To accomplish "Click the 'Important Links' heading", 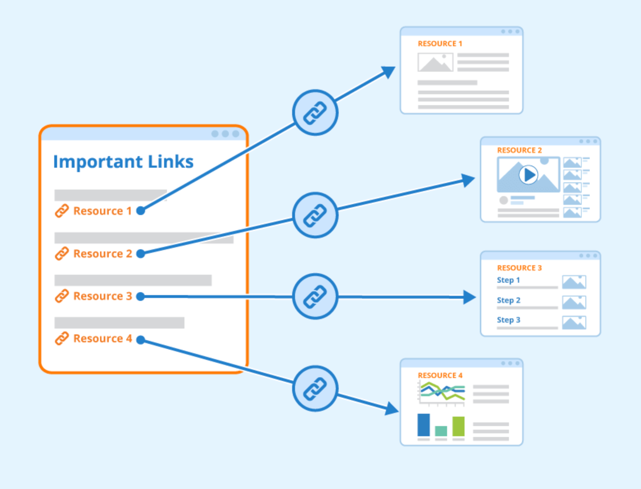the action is tap(123, 162).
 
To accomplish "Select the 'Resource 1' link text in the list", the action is tap(102, 211).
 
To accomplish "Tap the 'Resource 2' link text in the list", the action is tap(103, 254).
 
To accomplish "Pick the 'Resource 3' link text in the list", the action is tap(103, 296).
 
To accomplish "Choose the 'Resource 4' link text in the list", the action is tap(103, 339).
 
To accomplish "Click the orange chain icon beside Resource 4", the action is tap(62, 338).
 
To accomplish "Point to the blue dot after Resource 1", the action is tap(141, 211).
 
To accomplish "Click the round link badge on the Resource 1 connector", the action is tap(315, 113).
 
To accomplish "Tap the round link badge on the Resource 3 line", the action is tap(315, 297).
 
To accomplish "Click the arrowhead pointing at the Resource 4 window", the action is tap(392, 409).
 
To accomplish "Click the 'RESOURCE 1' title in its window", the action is tap(440, 44).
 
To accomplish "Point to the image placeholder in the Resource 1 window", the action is tap(435, 62).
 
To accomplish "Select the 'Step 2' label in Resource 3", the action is tap(509, 300).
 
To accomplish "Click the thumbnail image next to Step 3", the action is tap(574, 323).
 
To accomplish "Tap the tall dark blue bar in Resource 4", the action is tap(423, 425).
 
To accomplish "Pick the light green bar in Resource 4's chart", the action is tap(458, 426).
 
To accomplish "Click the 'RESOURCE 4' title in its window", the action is tap(440, 375).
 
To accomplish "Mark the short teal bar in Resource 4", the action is tap(441, 431).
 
